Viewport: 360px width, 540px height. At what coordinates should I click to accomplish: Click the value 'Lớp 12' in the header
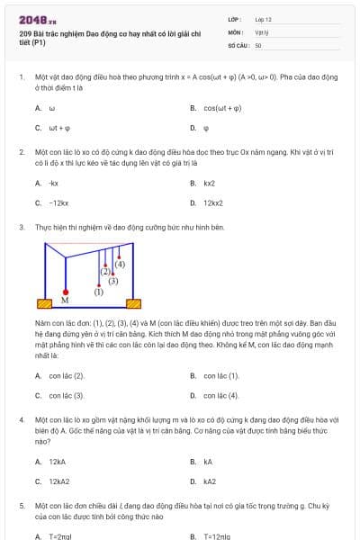pos(263,19)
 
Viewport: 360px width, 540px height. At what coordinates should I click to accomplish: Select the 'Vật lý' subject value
pos(261,31)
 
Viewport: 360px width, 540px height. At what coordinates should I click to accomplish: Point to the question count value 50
pos(258,44)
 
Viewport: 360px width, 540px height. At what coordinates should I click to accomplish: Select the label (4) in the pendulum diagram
pos(120,264)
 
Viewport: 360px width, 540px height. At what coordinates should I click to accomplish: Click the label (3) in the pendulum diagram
pos(113,281)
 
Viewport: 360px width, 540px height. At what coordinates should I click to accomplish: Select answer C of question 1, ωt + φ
pos(59,128)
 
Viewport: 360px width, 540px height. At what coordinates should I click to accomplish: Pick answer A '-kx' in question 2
pos(54,183)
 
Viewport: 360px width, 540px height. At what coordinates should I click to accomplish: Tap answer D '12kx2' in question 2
pos(213,202)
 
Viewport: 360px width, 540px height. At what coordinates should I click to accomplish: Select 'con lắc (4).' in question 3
pos(221,395)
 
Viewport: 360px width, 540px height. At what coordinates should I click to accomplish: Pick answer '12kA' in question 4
pos(58,462)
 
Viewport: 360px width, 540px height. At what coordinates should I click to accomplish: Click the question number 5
pos(22,507)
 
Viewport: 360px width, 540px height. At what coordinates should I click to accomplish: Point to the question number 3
pos(22,228)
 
